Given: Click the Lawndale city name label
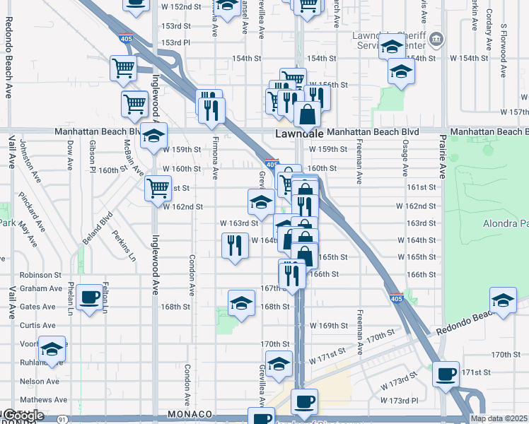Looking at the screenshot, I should pyautogui.click(x=298, y=133).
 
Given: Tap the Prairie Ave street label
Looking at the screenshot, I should pyautogui.click(x=443, y=160).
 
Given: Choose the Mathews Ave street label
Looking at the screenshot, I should pyautogui.click(x=44, y=400).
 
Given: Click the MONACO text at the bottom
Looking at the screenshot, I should pyautogui.click(x=190, y=413).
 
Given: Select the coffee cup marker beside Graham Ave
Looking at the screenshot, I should pyautogui.click(x=90, y=298).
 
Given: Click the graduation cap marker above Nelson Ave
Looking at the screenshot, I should pyautogui.click(x=52, y=349).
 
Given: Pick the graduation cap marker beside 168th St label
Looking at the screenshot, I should pyautogui.click(x=241, y=303).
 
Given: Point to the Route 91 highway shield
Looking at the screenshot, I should pyautogui.click(x=64, y=419).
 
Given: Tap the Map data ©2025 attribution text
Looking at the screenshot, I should pyautogui.click(x=499, y=418).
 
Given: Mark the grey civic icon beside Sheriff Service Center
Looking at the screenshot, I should pyautogui.click(x=437, y=37).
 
